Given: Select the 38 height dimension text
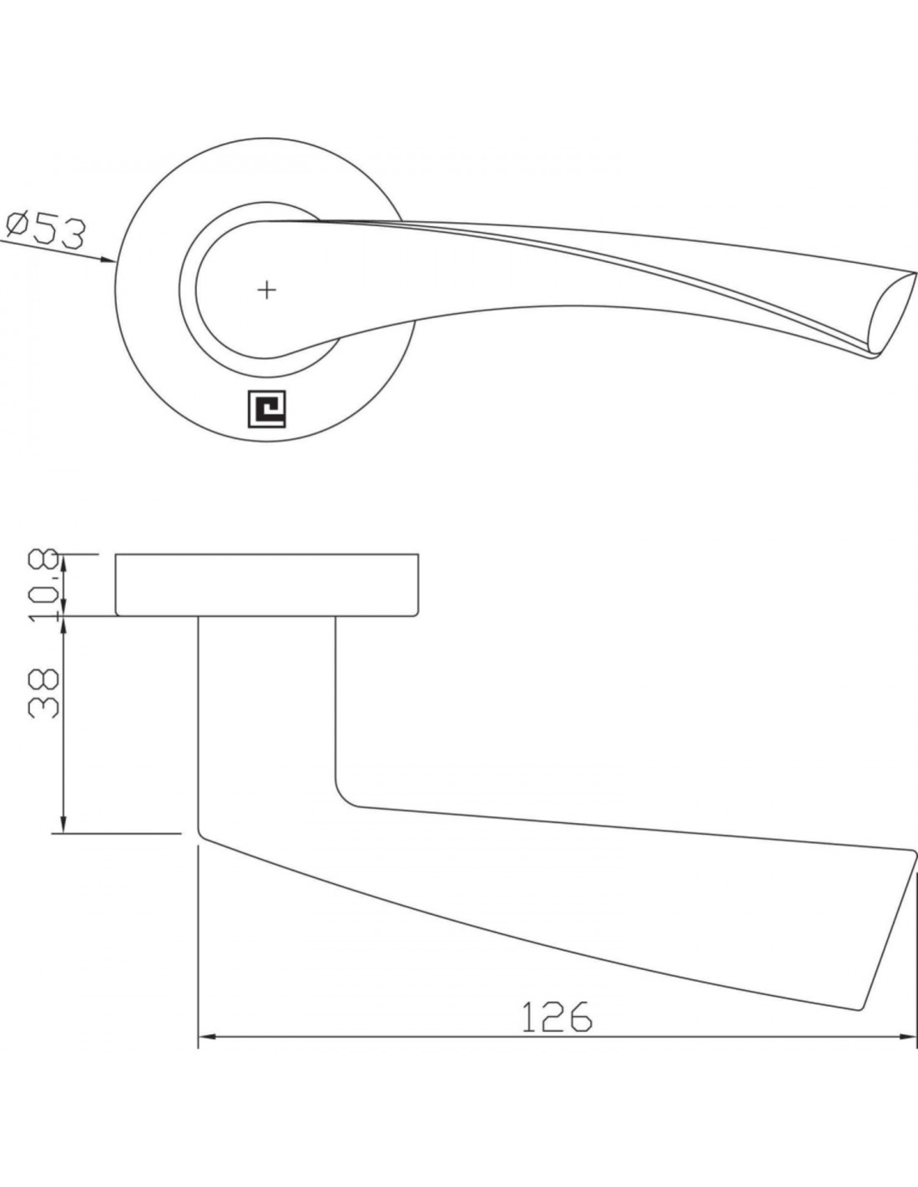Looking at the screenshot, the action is click(x=43, y=694).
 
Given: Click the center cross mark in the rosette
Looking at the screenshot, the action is click(x=266, y=290).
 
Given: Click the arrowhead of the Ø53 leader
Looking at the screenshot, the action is click(x=108, y=260).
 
